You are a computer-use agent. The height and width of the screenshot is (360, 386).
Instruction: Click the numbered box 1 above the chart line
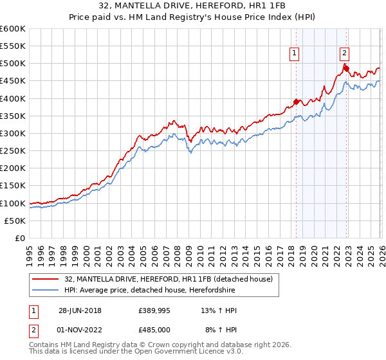[x=294, y=54]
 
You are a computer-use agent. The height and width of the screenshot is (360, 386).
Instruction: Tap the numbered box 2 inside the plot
[x=344, y=54]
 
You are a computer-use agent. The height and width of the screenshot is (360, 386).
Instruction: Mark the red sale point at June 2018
[x=296, y=102]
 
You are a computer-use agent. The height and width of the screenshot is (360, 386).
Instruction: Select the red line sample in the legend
[x=46, y=279]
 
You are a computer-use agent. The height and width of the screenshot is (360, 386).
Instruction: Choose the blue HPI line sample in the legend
[x=46, y=290]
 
